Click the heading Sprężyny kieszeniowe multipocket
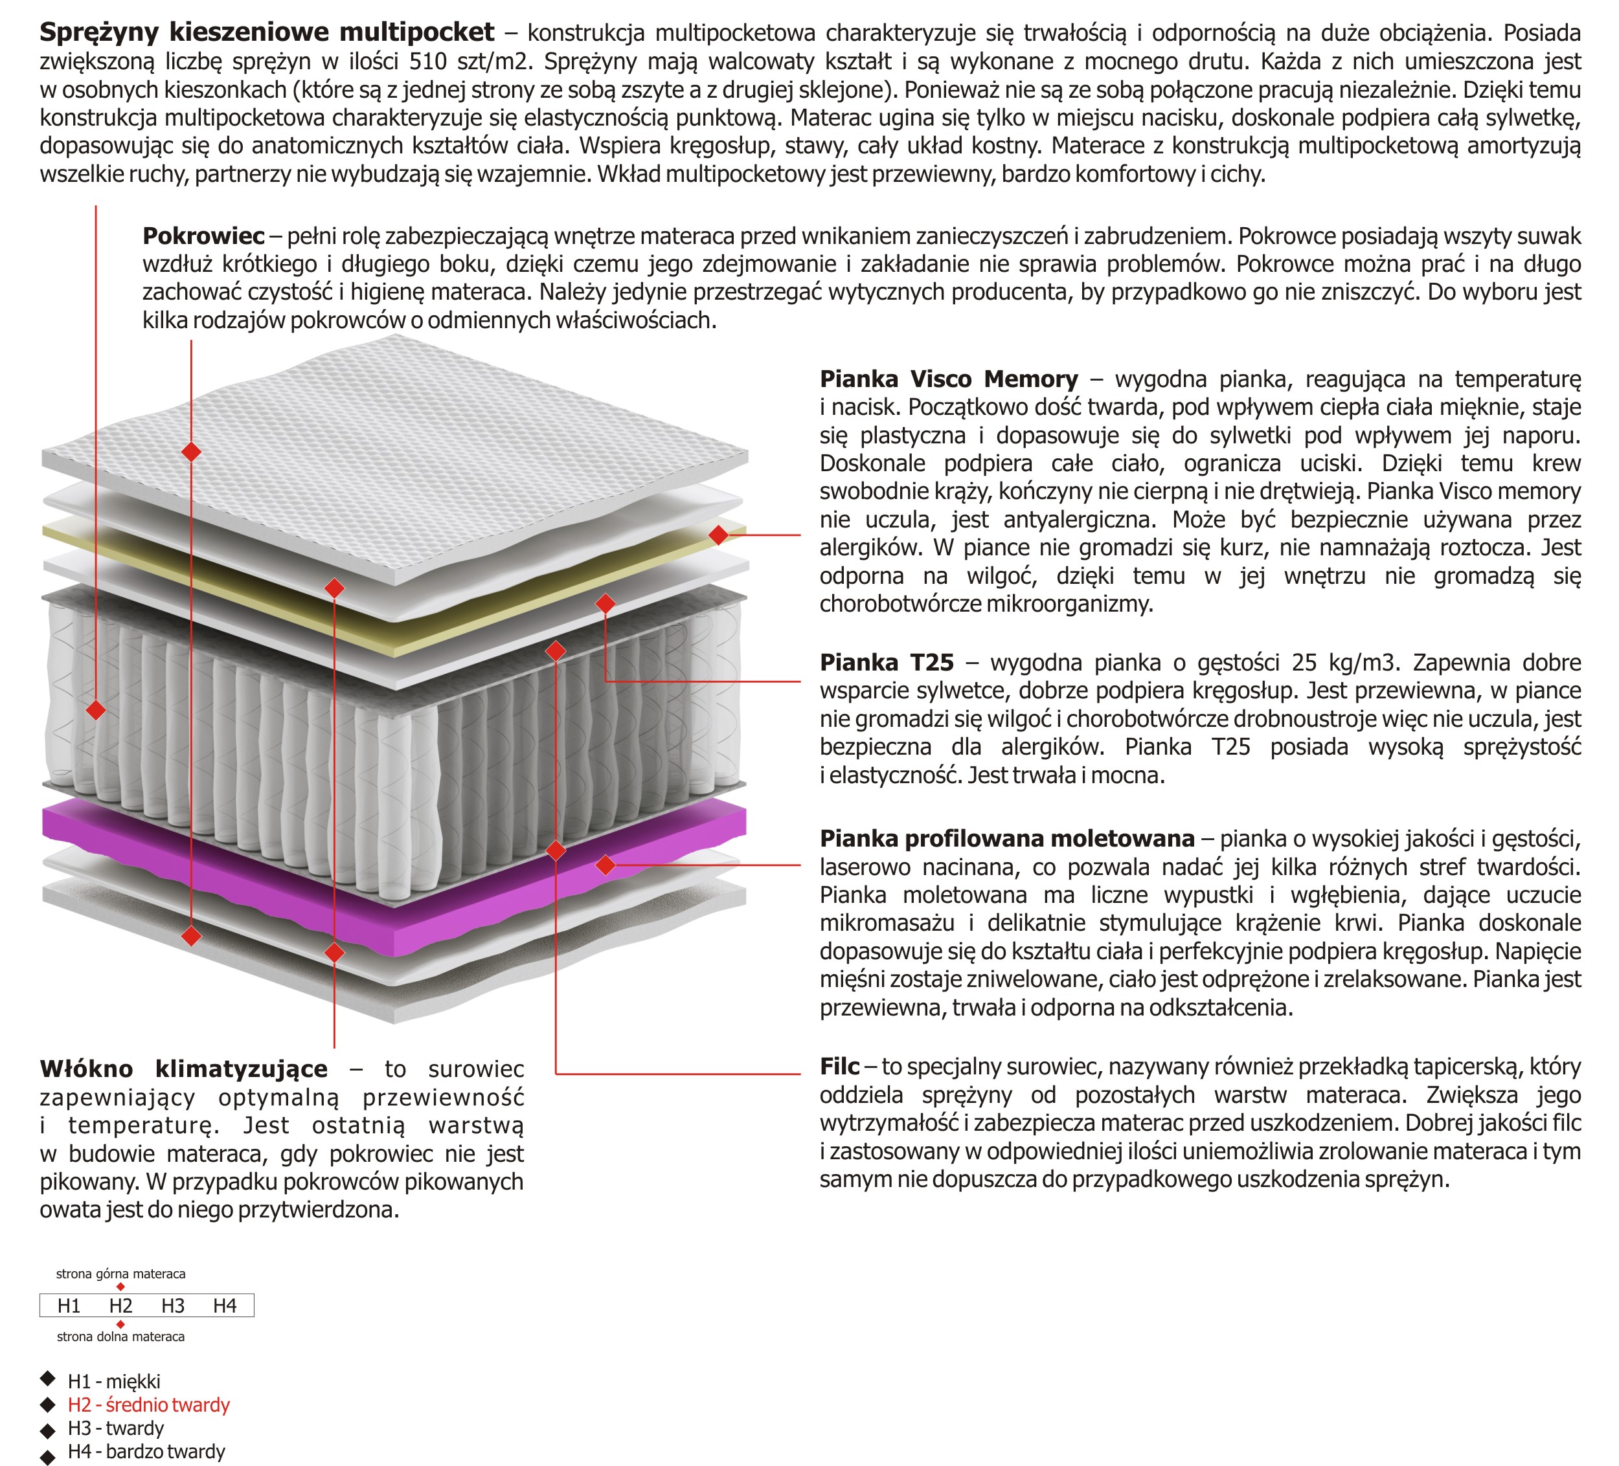[x=267, y=32]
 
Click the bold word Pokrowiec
[x=203, y=236]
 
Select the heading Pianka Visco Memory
[x=949, y=379]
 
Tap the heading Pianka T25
[x=887, y=662]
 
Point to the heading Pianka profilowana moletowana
[x=1006, y=839]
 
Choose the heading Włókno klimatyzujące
[x=184, y=1069]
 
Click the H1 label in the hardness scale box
[x=69, y=1306]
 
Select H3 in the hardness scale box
[x=173, y=1306]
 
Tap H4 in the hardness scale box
[x=225, y=1306]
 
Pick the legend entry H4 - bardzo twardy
[x=146, y=1452]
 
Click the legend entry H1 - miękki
[x=114, y=1382]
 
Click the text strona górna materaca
[x=120, y=1274]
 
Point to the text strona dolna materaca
[x=120, y=1337]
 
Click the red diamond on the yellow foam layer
[x=719, y=535]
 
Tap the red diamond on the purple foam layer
[x=606, y=865]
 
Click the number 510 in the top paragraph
[x=428, y=62]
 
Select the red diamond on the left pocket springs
[x=96, y=710]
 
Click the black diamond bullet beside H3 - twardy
[x=48, y=1430]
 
